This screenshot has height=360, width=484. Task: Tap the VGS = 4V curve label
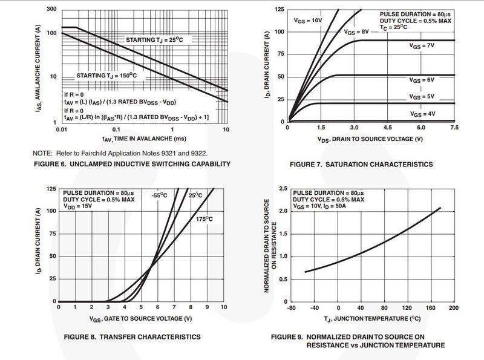pyautogui.click(x=422, y=113)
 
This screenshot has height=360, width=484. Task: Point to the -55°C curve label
pyautogui.click(x=160, y=195)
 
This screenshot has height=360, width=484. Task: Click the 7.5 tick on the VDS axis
pyautogui.click(x=454, y=128)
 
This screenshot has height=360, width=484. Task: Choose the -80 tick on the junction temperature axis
pyautogui.click(x=290, y=307)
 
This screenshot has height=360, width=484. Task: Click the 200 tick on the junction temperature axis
pyautogui.click(x=454, y=307)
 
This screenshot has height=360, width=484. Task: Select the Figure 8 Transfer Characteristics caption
pyautogui.click(x=133, y=336)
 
